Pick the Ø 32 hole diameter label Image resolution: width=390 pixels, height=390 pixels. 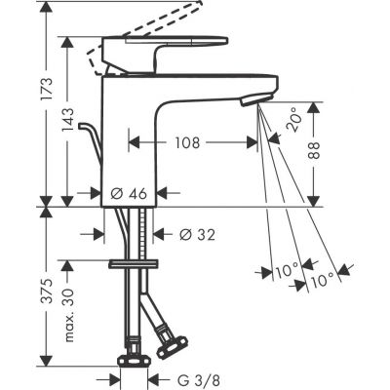point(199,234)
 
